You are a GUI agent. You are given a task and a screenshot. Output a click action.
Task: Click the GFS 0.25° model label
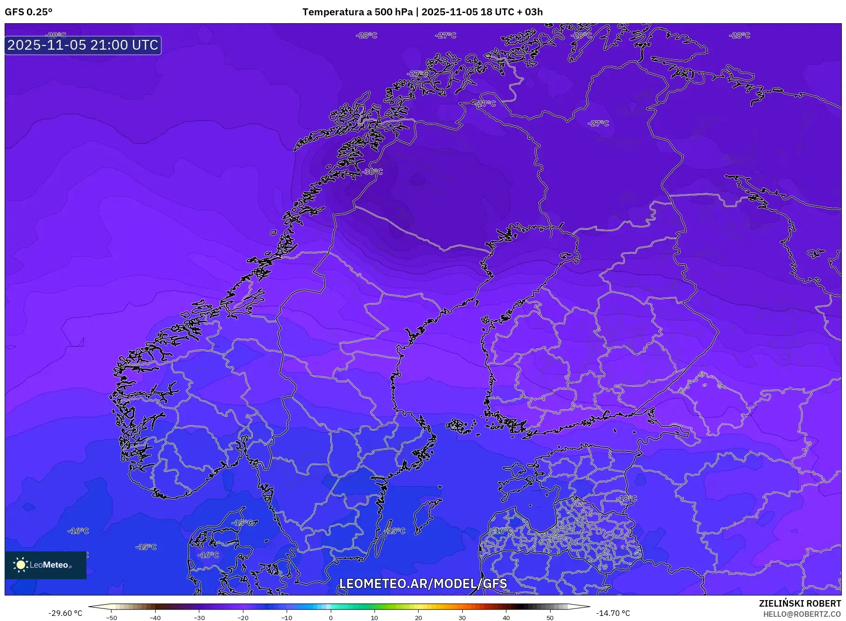pos(28,12)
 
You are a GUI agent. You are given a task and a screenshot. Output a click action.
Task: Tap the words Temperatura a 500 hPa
pos(357,12)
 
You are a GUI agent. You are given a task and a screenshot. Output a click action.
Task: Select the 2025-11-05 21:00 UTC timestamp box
pos(83,45)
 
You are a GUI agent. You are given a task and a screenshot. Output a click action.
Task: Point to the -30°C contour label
pos(372,172)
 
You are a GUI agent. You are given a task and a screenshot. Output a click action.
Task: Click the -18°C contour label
pos(627,498)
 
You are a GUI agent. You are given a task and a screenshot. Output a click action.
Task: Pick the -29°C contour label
pos(56,35)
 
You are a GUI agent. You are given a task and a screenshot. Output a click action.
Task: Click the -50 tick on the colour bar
pos(111,618)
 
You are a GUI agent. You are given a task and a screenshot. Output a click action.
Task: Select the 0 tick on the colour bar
pos(331,618)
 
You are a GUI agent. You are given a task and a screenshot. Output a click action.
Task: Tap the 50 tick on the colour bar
pos(550,618)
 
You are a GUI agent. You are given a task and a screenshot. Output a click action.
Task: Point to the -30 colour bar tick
pos(199,618)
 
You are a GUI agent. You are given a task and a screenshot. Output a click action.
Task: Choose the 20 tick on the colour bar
pos(419,618)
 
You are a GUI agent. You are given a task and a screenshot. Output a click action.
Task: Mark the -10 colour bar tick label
pos(287,618)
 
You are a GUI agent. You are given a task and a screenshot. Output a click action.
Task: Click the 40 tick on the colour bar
pos(506,618)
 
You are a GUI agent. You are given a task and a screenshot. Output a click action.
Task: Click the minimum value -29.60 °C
pos(65,613)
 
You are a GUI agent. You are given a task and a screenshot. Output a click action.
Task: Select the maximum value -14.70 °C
pos(613,613)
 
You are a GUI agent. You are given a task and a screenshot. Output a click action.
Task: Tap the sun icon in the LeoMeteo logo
pos(20,565)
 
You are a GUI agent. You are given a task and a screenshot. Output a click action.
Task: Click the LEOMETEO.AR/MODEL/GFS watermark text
pos(423,583)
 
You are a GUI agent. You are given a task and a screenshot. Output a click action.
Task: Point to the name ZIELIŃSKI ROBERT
pos(800,603)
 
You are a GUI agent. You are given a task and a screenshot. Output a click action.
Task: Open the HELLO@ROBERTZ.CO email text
pos(802,614)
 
